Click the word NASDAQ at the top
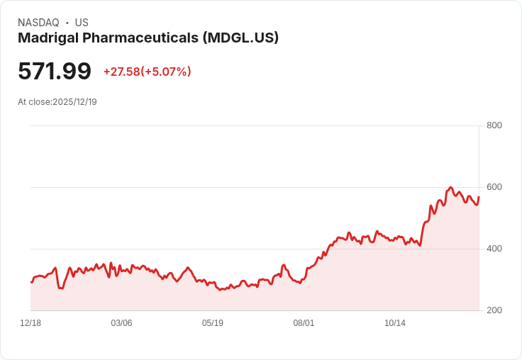[38, 23]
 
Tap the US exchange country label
[82, 23]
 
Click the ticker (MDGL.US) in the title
[240, 38]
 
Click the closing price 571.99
[55, 72]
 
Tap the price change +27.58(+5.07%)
[147, 72]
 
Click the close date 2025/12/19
[74, 102]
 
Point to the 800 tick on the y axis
[494, 125]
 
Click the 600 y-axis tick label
[494, 187]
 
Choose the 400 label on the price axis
[494, 249]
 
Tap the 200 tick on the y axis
[494, 310]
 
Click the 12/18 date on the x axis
[30, 323]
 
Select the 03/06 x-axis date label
[121, 323]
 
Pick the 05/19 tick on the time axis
[212, 323]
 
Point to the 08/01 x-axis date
[304, 323]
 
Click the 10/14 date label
[394, 323]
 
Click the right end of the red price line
[479, 197]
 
